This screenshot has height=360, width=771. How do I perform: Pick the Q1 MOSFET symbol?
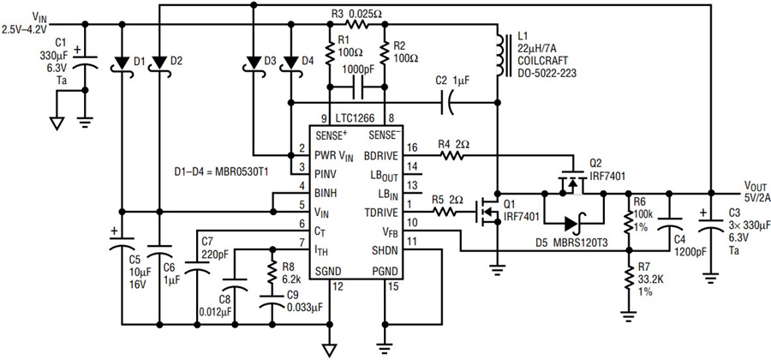[x=487, y=213]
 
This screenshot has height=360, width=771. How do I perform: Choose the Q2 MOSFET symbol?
[x=573, y=183]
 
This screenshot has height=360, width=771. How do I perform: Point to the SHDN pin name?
[x=387, y=251]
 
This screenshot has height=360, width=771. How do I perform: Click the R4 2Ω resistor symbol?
[x=451, y=156]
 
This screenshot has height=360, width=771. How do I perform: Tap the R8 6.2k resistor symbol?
[x=272, y=272]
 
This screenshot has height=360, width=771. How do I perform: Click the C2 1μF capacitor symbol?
[x=447, y=103]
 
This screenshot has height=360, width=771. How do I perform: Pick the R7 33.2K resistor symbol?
[x=627, y=279]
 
